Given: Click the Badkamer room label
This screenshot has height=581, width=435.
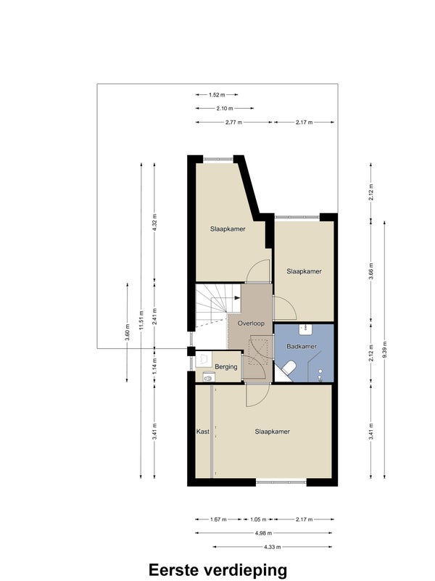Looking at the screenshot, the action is pos(302,347).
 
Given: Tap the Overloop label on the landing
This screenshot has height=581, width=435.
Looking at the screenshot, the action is pos(251,323).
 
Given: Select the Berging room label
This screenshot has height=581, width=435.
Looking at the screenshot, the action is pos(225,367).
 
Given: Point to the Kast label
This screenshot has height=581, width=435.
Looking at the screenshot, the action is pos(202,432).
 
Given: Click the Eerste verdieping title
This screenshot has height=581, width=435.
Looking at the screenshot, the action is pos(217,569).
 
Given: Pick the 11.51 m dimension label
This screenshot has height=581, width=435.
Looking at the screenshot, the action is pos(141,321).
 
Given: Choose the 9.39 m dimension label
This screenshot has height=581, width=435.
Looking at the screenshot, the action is pos(385,350).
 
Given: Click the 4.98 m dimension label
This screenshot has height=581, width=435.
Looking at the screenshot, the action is pos(264,533).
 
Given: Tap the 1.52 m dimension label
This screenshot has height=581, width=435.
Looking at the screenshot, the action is pos(217,95).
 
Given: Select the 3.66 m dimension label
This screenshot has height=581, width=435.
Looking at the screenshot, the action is pos(371,272).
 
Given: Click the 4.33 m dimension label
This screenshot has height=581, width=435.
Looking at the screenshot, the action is pos(273,547).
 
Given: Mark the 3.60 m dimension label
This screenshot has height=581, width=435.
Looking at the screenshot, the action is pos(128,332).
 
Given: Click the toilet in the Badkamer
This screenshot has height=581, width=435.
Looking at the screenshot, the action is pos(289,368).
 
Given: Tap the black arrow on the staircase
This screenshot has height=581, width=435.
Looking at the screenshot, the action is pos(238,297).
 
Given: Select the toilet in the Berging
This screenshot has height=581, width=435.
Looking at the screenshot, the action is pos(208,378).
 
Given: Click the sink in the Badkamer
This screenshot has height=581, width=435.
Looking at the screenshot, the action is pos(306,327).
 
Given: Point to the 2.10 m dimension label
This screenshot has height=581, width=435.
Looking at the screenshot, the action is pos(225,109).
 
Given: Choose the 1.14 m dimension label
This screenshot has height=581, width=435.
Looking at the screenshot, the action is pos(154,366).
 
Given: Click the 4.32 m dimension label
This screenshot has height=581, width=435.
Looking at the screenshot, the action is pos(154,223).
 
